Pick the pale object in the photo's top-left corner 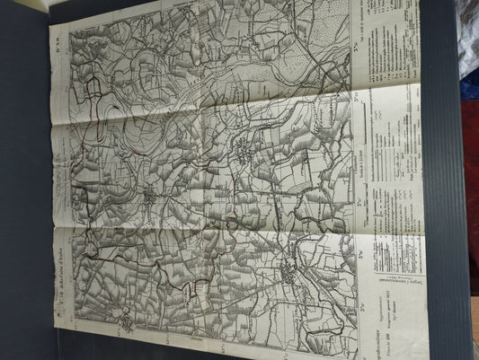(31, 4)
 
